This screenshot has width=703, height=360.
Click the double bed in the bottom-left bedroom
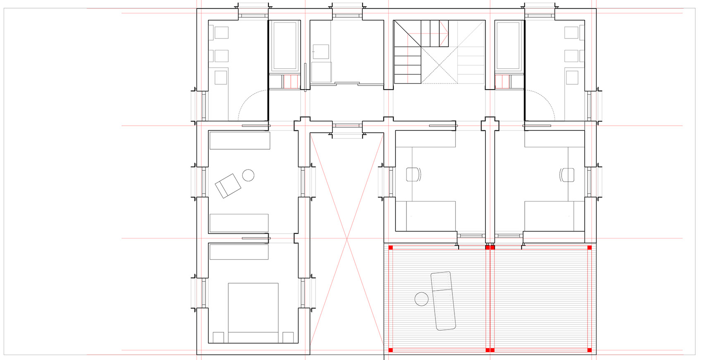click(x=253, y=312)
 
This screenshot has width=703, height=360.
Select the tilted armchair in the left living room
click(x=228, y=186)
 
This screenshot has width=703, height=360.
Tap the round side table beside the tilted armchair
click(x=248, y=175)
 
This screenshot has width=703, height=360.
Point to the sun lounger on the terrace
click(x=443, y=301)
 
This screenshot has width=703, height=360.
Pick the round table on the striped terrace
click(x=421, y=299)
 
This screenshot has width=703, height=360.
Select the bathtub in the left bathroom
click(x=285, y=46)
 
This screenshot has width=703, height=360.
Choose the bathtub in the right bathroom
click(x=509, y=46)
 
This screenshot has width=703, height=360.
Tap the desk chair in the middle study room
click(x=414, y=174)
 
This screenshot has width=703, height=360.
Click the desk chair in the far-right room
click(x=567, y=174)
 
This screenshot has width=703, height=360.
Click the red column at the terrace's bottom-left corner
click(x=390, y=350)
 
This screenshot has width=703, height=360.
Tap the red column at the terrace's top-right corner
click(x=590, y=248)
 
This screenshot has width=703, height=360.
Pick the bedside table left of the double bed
click(x=218, y=337)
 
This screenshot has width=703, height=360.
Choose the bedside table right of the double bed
click(x=288, y=337)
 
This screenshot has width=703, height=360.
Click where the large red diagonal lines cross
click(x=347, y=239)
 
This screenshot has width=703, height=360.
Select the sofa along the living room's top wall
click(x=240, y=141)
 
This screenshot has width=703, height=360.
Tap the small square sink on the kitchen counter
click(x=321, y=52)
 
